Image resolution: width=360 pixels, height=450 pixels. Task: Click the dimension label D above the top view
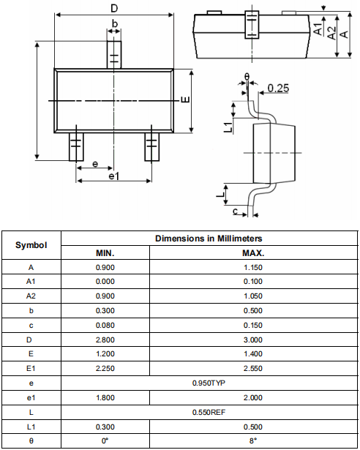pos(114,9)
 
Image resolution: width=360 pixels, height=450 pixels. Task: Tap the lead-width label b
pos(115,23)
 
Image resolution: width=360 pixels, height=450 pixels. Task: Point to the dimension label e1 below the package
pos(114,176)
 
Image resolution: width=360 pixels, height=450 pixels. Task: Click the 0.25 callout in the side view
pos(278,88)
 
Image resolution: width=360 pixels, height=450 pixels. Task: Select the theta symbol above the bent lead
pos(247,77)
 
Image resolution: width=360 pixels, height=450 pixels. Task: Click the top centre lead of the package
pos(114,55)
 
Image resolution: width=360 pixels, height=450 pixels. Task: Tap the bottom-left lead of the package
pos(76,146)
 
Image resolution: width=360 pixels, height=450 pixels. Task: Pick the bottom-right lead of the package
pos(152,146)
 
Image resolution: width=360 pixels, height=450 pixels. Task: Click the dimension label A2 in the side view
pos(332,33)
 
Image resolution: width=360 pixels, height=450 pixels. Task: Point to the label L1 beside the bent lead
pos(228,127)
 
